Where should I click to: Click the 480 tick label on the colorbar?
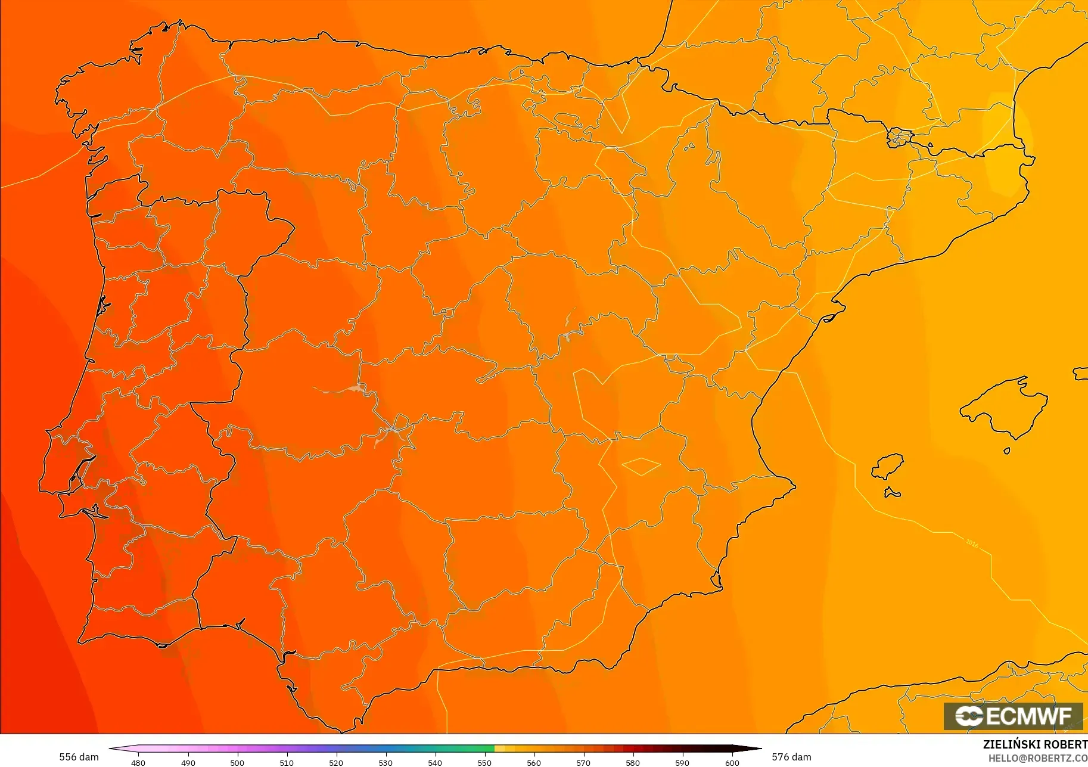[x=138, y=762]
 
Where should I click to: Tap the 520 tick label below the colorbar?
[x=336, y=762]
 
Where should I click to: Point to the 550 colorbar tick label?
[x=484, y=762]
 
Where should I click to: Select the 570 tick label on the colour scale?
[x=583, y=762]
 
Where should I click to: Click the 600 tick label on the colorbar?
[x=732, y=762]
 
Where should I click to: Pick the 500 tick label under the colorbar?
[x=237, y=762]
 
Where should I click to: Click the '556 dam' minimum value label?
[x=79, y=757]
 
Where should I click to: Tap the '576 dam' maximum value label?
[x=791, y=757]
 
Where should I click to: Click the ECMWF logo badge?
[x=1013, y=716]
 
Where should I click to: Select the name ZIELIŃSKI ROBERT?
[x=1035, y=744]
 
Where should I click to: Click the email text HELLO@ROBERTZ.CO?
[x=1037, y=758]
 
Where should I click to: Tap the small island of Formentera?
[x=892, y=492]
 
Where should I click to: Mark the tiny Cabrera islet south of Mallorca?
[x=1007, y=451]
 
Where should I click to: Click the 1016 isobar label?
[x=972, y=543]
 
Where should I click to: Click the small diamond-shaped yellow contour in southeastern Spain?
[x=641, y=466]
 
